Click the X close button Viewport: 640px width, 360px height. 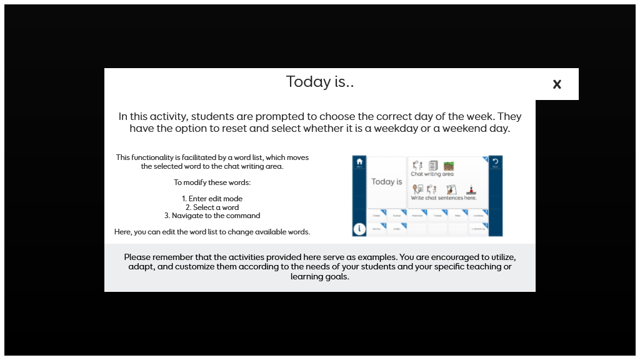pos(557,84)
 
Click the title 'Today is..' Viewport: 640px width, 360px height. pos(320,82)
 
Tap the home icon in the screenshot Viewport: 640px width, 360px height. pos(359,161)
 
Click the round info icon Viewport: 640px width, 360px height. pos(359,229)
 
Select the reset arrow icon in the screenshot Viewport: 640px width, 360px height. pos(496,161)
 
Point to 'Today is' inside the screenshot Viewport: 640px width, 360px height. pos(387,182)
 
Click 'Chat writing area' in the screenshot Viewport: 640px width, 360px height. pos(432,174)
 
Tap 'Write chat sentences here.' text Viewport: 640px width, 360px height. pos(444,198)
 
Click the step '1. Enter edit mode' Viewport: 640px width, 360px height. pos(212,199)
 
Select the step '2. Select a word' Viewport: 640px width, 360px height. pos(212,207)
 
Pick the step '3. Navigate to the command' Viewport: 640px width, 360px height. pos(212,216)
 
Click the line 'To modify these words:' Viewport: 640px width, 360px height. pos(212,182)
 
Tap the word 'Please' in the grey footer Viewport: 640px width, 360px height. pos(137,257)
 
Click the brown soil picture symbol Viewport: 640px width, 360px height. pos(449,166)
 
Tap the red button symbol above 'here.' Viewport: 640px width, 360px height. pos(469,189)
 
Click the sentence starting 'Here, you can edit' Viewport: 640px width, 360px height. pos(212,232)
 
